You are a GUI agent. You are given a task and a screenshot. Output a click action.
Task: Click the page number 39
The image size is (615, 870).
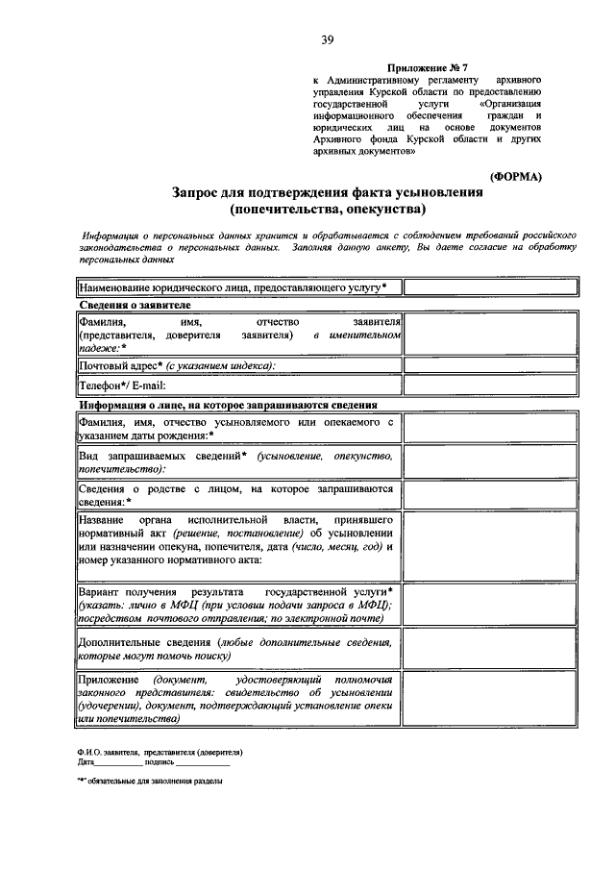pyautogui.click(x=327, y=39)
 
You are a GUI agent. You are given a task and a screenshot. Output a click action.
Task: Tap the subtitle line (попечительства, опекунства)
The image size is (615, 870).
pyautogui.click(x=327, y=209)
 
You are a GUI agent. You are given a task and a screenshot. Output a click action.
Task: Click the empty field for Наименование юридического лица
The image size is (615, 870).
pyautogui.click(x=490, y=286)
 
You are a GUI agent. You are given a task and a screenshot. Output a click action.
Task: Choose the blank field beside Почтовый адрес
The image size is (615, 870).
pyautogui.click(x=490, y=365)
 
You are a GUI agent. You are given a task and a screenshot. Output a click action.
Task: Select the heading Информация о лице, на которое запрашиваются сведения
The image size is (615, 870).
pyautogui.click(x=228, y=405)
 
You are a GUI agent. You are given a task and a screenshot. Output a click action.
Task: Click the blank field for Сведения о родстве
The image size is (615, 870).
pyautogui.click(x=490, y=495)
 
